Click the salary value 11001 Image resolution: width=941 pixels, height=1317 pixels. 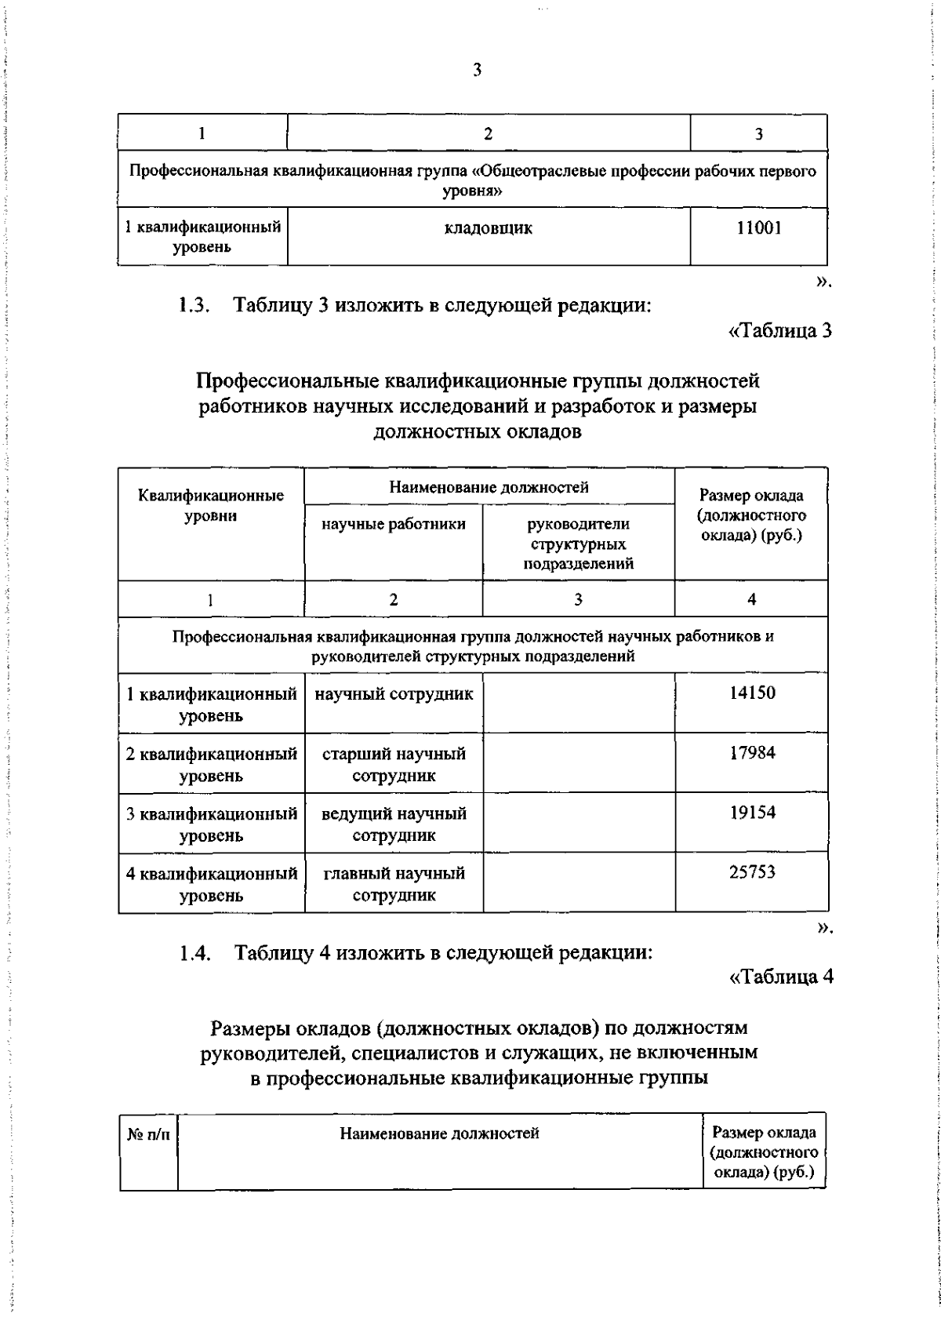(758, 228)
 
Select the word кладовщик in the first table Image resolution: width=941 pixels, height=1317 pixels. (488, 228)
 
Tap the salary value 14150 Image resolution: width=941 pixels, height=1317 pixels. (751, 693)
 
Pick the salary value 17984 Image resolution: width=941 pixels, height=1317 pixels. (751, 753)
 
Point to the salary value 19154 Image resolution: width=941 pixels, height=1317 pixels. (751, 813)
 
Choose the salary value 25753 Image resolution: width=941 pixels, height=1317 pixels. (751, 872)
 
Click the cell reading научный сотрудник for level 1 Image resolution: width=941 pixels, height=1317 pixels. (394, 694)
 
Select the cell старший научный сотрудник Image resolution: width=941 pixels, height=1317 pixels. (394, 764)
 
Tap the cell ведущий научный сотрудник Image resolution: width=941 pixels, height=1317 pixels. (394, 824)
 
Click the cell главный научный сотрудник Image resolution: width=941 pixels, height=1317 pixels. (394, 884)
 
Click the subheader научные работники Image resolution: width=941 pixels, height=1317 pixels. (394, 524)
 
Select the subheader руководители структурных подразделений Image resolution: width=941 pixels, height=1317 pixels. (578, 544)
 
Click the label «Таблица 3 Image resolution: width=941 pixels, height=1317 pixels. (779, 331)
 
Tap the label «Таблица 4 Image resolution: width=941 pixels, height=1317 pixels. (780, 977)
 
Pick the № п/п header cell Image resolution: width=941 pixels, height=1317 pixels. (148, 1134)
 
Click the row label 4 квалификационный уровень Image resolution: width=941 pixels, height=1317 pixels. (211, 884)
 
